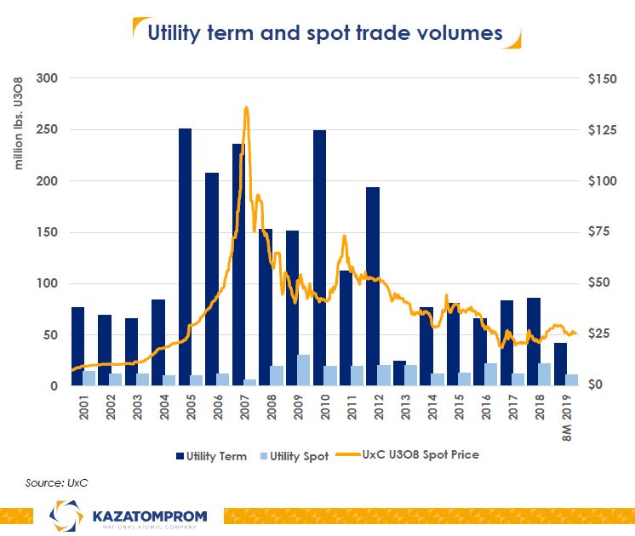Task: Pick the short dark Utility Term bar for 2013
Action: click(399, 373)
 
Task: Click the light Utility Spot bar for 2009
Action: click(304, 370)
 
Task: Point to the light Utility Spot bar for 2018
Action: click(545, 374)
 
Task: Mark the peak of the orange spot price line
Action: click(246, 108)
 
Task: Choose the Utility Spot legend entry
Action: click(300, 456)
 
